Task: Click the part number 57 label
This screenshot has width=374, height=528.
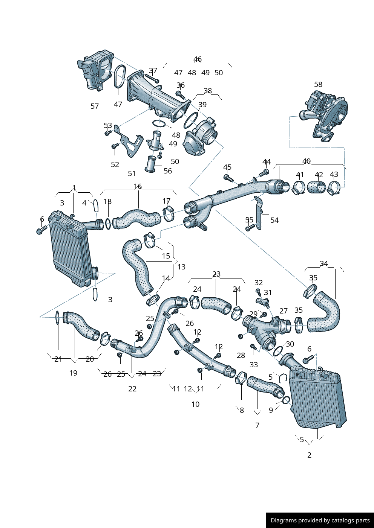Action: pos(95,107)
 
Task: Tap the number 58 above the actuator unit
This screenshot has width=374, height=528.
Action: pos(318,85)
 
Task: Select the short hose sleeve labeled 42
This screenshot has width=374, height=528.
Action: pos(316,187)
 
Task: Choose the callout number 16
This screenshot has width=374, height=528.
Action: pos(138,187)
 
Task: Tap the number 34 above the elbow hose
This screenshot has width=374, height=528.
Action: pos(324,264)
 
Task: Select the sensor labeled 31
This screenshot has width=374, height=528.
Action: pos(263,301)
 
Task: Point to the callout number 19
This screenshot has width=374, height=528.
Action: pos(73,373)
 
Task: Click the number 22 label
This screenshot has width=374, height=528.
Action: pos(132,389)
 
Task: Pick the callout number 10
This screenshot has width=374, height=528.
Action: pos(195,404)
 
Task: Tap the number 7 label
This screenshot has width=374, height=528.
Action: pos(258,425)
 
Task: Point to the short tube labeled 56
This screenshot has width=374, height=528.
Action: pos(151,164)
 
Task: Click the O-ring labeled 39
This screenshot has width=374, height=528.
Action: pos(191,120)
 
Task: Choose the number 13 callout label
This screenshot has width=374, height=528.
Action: pos(181,267)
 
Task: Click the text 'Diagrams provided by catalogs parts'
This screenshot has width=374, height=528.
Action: pos(320,520)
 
